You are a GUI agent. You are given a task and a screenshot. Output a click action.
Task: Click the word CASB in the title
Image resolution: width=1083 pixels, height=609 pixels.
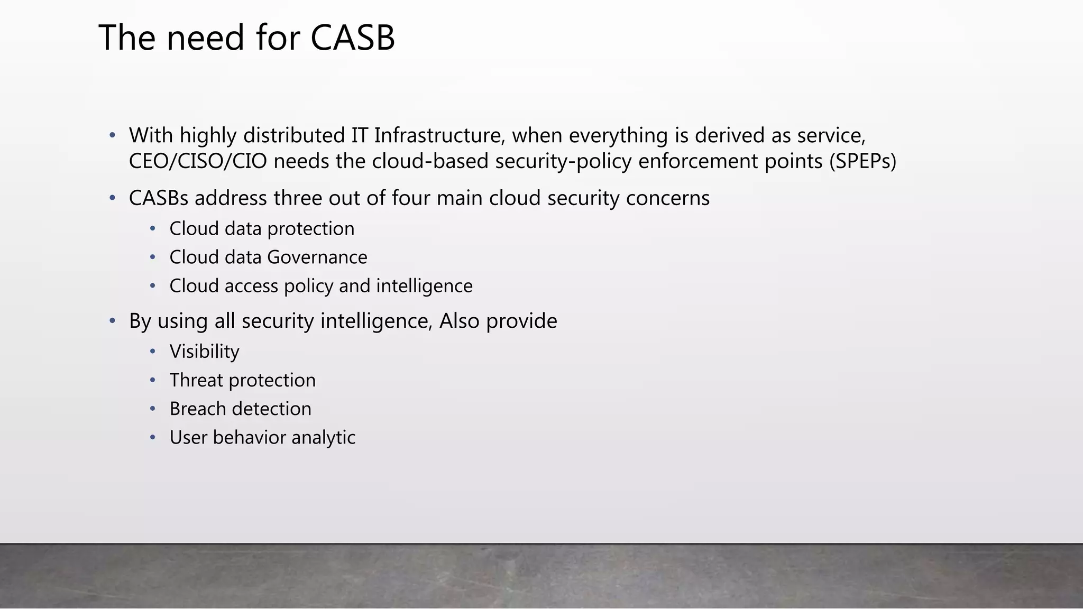[x=352, y=38]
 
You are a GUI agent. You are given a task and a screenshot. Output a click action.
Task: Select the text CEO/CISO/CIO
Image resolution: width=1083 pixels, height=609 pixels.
[x=198, y=161]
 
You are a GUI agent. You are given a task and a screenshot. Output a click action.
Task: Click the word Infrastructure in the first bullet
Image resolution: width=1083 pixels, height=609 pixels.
[x=437, y=136]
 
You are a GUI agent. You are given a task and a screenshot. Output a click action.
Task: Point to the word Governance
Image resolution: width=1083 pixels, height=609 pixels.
[x=317, y=257]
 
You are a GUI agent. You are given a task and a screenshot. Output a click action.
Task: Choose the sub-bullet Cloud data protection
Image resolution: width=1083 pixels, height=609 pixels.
[x=262, y=229]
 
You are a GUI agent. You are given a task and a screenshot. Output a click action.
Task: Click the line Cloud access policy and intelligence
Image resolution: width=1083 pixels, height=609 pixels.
[x=320, y=286]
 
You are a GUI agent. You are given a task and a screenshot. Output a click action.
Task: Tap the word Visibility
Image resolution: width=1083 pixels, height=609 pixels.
[x=204, y=352]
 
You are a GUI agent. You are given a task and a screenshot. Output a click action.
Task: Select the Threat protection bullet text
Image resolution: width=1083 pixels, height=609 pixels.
[x=242, y=381]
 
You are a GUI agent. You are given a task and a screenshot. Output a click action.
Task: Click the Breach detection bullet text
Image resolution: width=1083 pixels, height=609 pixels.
[x=240, y=409]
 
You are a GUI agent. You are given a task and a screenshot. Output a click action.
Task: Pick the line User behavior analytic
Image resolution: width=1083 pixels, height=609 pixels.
[x=262, y=438]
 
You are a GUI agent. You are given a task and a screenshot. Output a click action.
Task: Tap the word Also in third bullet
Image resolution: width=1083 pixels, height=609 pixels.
[x=459, y=321]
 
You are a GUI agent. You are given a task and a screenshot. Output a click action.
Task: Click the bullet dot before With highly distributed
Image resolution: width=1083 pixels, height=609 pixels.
[x=112, y=136]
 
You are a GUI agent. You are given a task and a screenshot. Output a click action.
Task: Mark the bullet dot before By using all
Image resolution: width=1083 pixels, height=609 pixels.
[x=112, y=321]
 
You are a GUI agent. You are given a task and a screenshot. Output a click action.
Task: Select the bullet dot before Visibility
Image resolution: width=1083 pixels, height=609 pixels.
[x=153, y=352]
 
